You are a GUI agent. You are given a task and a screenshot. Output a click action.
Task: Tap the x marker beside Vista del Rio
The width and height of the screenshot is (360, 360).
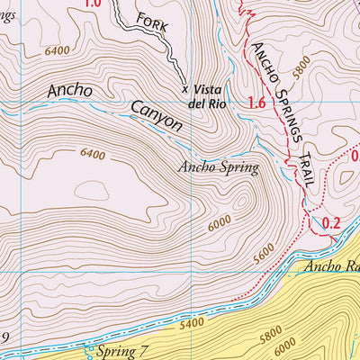(x=185, y=89)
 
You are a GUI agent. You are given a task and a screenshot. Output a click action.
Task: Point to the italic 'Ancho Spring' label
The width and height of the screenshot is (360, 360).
(x=218, y=166)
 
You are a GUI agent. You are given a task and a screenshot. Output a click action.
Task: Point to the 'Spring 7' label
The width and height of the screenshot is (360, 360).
(x=123, y=348)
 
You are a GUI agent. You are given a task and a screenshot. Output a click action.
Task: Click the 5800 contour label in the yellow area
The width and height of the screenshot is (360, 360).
(x=294, y=338)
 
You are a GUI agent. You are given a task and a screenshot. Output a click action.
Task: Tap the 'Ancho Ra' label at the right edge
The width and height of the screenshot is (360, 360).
(x=331, y=266)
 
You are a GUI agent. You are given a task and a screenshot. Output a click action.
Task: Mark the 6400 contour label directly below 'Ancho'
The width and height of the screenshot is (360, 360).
(x=93, y=155)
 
